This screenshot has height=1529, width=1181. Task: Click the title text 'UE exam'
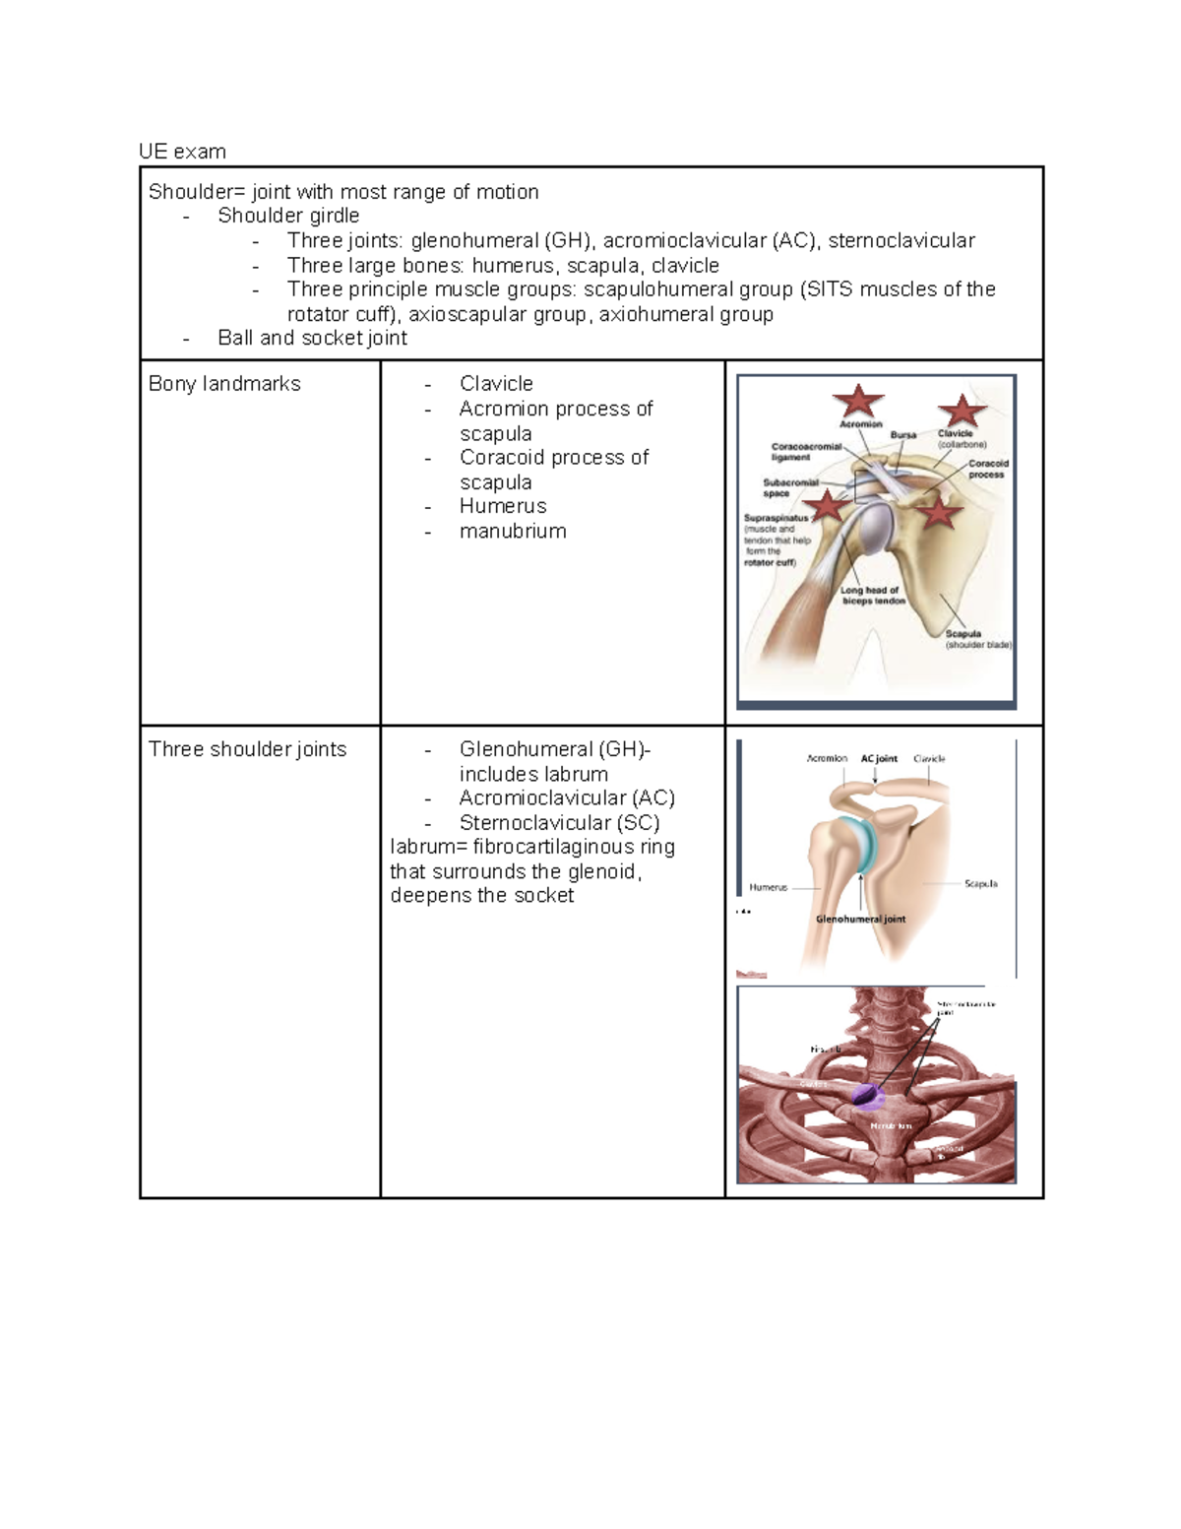[x=182, y=152]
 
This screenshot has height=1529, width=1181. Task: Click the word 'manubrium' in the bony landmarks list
[x=513, y=532]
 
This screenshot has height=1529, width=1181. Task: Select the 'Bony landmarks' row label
[x=224, y=384]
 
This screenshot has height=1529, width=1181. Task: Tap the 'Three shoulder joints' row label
[x=247, y=749]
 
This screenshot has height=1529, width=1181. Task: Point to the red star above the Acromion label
[x=858, y=402]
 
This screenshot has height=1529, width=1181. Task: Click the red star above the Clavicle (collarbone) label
[x=962, y=411]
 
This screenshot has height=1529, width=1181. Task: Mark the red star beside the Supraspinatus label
[x=828, y=506]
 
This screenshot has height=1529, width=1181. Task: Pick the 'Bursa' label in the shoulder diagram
[x=902, y=434]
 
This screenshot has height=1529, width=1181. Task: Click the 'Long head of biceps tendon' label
[x=873, y=596]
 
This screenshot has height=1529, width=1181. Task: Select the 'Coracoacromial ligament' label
[x=806, y=452]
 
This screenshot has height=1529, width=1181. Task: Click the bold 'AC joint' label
[x=879, y=759]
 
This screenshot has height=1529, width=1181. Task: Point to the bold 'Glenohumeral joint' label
[x=860, y=920]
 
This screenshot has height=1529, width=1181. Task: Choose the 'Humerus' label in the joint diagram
[x=769, y=887]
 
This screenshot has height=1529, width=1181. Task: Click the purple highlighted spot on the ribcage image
[x=866, y=1092]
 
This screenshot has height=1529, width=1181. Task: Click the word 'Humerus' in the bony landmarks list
[x=503, y=507]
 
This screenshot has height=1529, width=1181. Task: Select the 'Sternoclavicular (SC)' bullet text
[x=559, y=823]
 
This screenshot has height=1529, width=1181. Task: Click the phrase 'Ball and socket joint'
[x=312, y=339]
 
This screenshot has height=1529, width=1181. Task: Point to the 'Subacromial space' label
[x=790, y=488]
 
